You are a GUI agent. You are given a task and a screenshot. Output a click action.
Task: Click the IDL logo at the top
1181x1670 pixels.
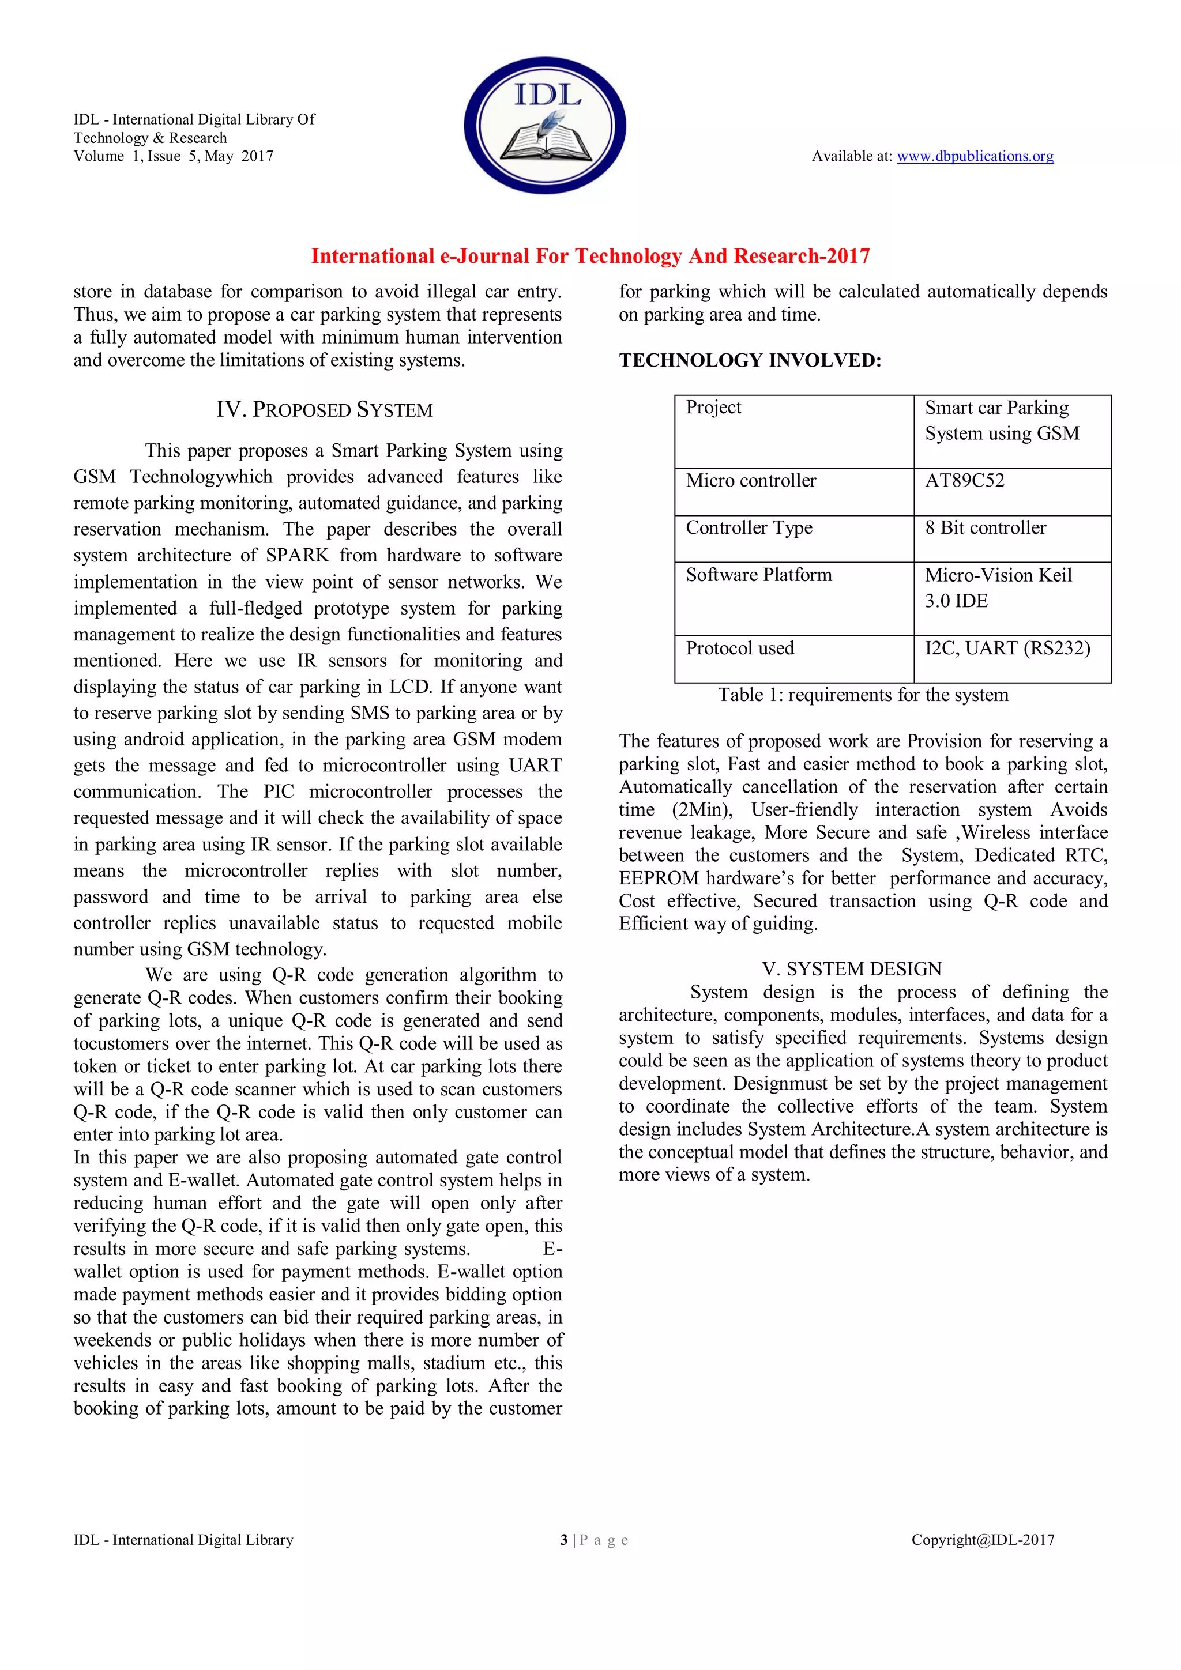point(545,125)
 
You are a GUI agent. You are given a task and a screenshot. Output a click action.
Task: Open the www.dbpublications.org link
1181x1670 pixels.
point(975,156)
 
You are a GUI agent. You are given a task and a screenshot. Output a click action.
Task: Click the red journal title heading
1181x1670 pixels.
point(590,256)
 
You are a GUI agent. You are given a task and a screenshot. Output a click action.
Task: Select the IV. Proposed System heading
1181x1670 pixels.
point(324,410)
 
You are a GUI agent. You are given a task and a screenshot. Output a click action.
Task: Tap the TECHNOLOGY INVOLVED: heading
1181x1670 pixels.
point(750,361)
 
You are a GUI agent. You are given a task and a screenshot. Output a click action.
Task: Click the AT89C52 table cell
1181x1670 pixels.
point(964,481)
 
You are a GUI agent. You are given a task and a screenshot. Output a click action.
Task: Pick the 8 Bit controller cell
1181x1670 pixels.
point(986,528)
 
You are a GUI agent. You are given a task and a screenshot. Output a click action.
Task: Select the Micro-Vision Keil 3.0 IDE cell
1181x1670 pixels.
point(998,588)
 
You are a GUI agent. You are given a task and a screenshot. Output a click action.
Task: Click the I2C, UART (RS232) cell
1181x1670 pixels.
point(1007,648)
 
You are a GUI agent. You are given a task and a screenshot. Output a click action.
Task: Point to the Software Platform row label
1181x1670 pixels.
point(758,575)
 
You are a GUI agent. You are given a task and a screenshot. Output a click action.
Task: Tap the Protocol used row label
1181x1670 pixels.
point(739,648)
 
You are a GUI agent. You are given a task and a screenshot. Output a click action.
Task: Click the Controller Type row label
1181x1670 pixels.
point(749,528)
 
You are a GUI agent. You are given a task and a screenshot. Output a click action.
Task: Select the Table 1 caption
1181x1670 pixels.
point(863,695)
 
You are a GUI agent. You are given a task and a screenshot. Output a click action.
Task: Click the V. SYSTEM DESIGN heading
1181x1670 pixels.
point(851,969)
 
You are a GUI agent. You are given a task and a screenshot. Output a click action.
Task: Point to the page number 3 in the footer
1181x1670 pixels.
point(564,1540)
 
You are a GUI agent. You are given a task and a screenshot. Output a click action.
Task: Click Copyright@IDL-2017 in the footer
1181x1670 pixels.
point(983,1540)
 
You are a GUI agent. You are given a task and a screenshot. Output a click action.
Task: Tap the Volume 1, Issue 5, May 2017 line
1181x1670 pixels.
point(173,156)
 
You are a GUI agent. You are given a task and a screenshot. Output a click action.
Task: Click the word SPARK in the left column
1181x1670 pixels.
point(298,556)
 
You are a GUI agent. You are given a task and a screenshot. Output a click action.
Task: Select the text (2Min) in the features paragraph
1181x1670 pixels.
point(701,809)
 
